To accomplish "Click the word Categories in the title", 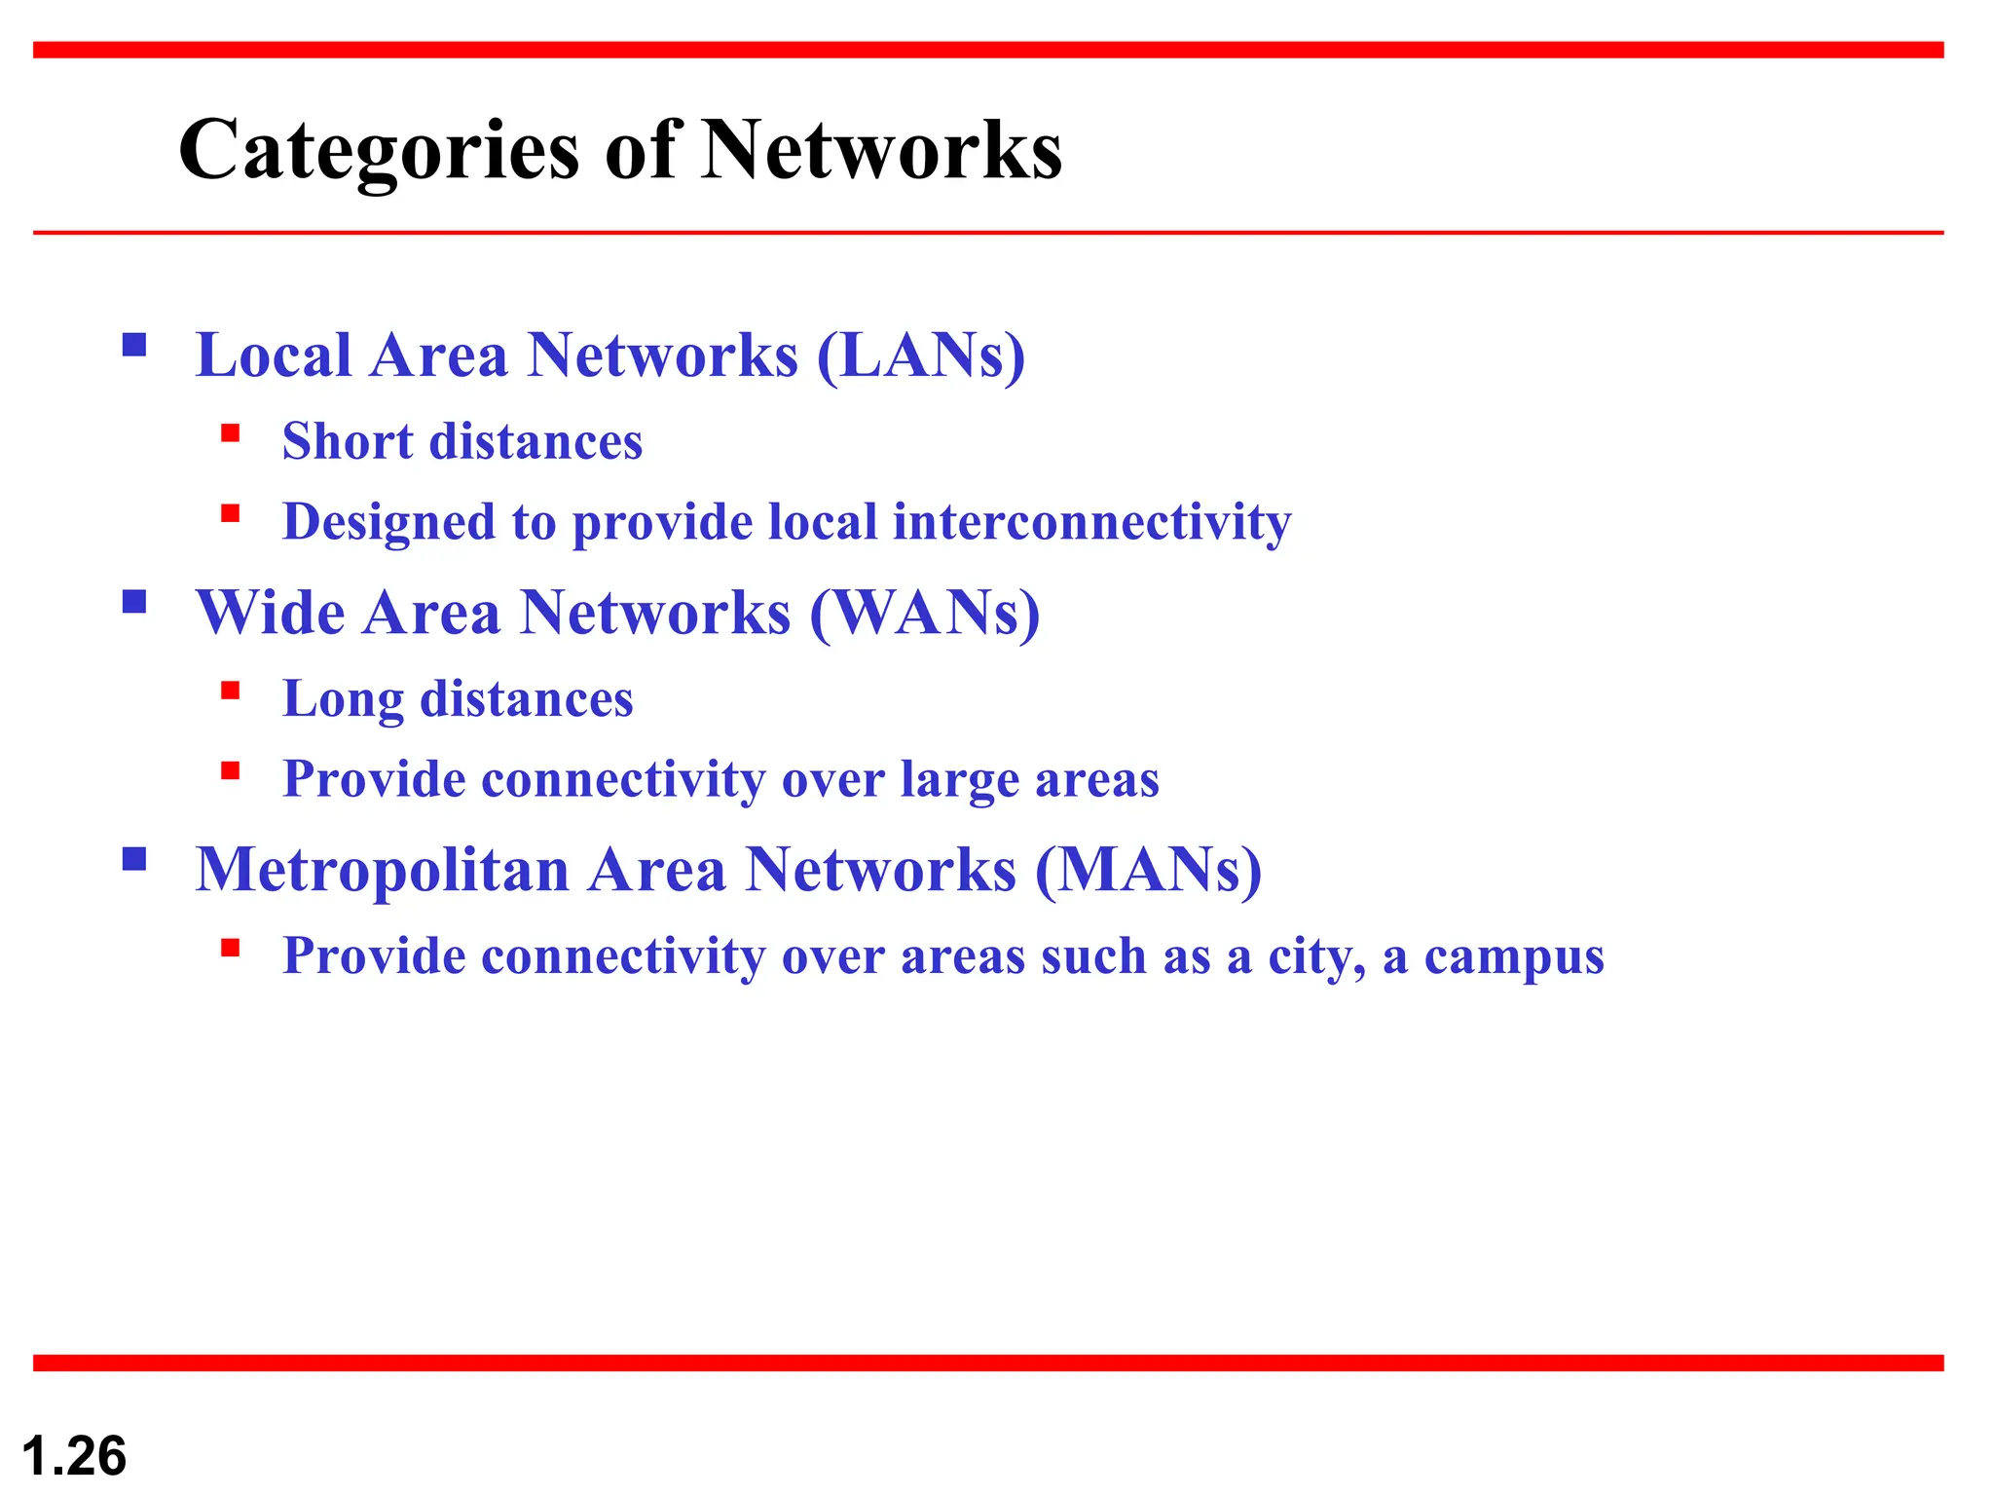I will point(380,151).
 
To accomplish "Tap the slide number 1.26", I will point(74,1456).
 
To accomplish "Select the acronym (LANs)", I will point(921,355).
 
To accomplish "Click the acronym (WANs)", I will point(925,613).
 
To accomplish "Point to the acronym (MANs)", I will point(1148,869).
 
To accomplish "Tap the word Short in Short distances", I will point(347,441).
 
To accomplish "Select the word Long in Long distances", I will point(343,699).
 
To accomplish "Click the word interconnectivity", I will point(1091,522).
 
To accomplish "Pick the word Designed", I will point(388,522).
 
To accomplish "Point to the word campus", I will point(1514,956).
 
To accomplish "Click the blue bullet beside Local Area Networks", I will point(134,345).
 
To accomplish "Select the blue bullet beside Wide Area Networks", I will point(134,602).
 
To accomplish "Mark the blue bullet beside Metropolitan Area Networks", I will point(134,859).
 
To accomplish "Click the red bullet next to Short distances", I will point(231,433).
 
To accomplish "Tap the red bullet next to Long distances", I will point(231,692).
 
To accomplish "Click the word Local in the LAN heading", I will point(274,355).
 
